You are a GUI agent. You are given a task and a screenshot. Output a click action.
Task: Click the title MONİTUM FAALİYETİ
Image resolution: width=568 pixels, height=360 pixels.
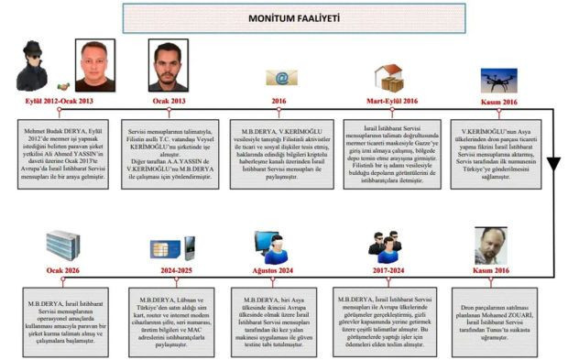click(x=284, y=16)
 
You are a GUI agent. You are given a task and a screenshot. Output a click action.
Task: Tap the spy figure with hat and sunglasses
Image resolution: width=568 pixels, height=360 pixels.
click(x=34, y=66)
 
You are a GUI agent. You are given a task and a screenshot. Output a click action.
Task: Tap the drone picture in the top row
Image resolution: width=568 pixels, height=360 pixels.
click(x=499, y=78)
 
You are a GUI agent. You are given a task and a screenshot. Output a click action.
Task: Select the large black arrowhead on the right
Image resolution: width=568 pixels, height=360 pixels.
click(x=554, y=165)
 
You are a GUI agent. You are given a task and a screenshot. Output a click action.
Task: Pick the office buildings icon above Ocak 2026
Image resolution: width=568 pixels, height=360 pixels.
click(x=65, y=245)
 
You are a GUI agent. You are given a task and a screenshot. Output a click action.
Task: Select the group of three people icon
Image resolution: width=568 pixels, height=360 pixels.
click(x=384, y=245)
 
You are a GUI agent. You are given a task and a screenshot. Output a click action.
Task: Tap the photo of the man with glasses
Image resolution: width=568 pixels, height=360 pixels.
click(x=492, y=245)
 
